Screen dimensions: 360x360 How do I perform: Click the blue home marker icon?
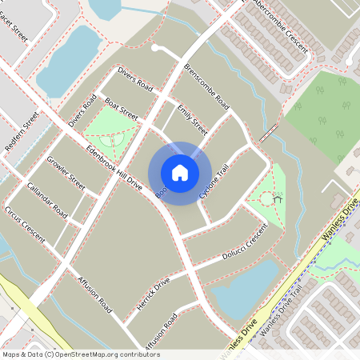coord(179,173)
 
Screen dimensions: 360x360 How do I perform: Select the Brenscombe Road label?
coord(206,87)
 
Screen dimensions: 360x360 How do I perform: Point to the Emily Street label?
coord(192,120)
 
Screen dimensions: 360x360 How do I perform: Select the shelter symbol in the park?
coord(277,198)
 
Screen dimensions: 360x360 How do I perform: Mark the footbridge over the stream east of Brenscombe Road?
coord(270,131)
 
